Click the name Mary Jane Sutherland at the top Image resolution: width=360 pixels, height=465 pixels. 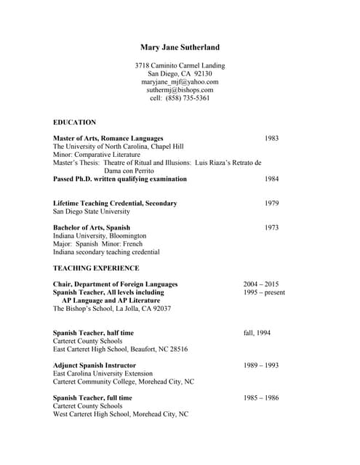[x=180, y=47]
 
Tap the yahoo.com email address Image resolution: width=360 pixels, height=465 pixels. [x=180, y=82]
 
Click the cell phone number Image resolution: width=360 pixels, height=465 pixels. [x=180, y=98]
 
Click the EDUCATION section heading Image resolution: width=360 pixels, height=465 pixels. [x=74, y=122]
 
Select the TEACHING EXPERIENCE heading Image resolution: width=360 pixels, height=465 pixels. [x=96, y=268]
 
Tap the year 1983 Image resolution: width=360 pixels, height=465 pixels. [x=271, y=138]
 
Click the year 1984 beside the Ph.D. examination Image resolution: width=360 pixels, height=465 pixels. [x=271, y=179]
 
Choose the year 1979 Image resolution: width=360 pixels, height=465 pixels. [x=271, y=203]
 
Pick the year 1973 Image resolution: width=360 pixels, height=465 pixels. [x=271, y=227]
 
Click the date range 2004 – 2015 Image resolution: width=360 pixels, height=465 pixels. [x=261, y=284]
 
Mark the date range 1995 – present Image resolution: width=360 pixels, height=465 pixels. [x=264, y=292]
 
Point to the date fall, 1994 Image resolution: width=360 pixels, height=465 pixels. [x=257, y=333]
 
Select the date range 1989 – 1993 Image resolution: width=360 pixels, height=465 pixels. [x=261, y=365]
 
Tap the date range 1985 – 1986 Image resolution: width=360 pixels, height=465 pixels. [x=261, y=398]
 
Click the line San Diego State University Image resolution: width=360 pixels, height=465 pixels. [x=92, y=211]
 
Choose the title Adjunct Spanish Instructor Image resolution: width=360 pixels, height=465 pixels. [x=95, y=365]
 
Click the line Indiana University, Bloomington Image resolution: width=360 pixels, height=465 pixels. [x=100, y=236]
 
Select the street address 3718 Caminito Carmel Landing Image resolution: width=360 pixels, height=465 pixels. [x=180, y=65]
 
